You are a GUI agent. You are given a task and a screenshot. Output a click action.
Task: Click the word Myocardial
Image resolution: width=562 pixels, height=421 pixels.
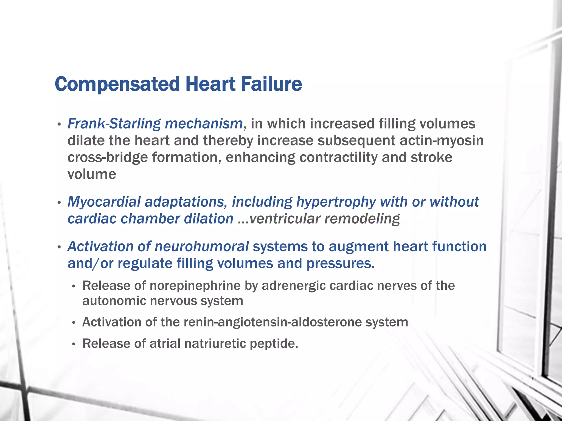tap(104, 202)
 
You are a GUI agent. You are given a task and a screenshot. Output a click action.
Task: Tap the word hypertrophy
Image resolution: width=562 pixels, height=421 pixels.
tap(336, 202)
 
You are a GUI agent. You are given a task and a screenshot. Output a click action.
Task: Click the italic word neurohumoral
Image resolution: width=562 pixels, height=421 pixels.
tap(202, 246)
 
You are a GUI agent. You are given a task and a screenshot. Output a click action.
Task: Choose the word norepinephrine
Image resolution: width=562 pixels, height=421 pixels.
tap(195, 286)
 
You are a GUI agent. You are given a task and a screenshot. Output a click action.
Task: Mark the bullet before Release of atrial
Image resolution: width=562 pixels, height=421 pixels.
tap(73, 344)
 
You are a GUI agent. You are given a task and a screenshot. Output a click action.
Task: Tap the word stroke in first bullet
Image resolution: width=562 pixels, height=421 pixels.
tap(431, 158)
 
